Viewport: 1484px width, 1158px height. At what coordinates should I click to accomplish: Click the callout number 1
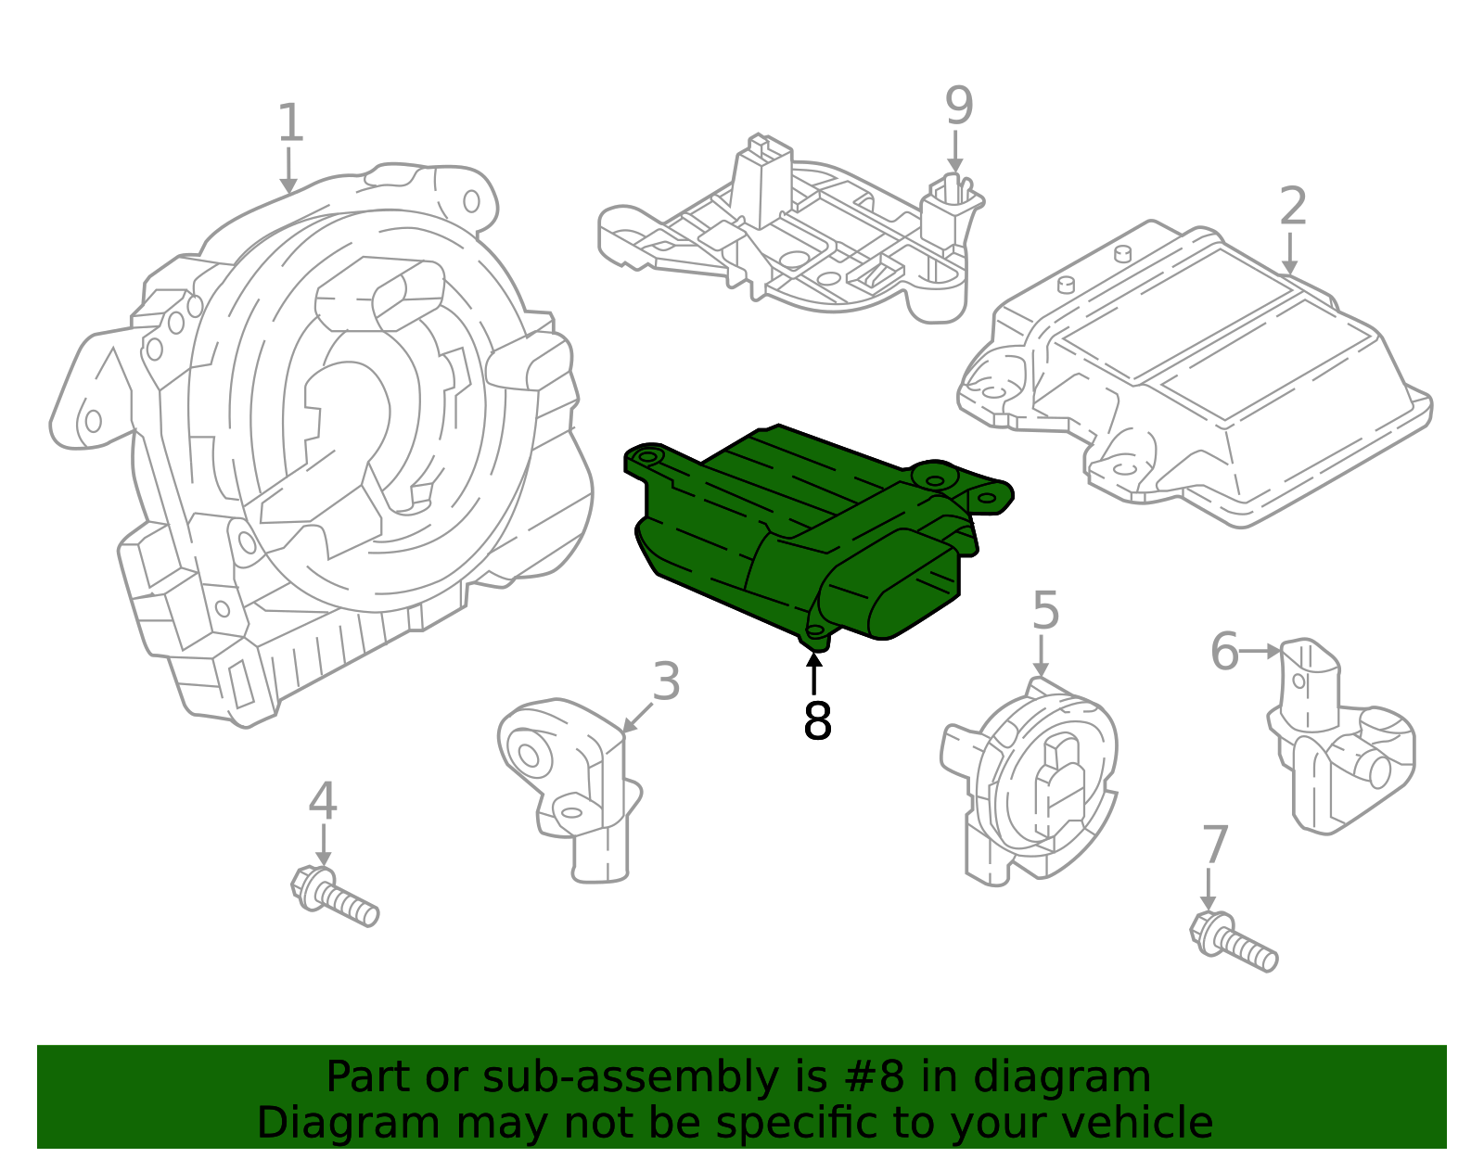290,123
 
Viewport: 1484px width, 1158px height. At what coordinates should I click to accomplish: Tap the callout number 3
666,681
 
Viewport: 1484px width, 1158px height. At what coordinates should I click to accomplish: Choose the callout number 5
1045,611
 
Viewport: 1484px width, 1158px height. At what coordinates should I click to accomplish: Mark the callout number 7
1214,846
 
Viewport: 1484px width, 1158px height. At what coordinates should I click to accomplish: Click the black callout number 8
816,721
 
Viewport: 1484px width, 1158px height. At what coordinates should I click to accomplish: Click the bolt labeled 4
334,895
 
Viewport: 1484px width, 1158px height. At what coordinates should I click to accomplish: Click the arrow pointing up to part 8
814,672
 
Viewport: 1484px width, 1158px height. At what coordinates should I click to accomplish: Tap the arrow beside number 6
1260,651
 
